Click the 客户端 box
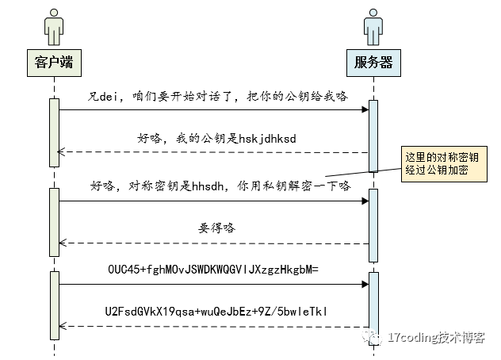54,60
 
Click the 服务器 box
373,60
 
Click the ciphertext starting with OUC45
212,269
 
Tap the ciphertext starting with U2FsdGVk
215,311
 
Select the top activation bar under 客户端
55,132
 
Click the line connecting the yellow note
361,171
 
